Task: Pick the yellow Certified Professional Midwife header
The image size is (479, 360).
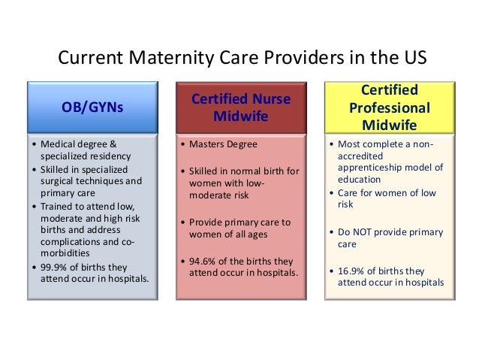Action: [390, 107]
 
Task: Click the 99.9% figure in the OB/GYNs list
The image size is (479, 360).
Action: [53, 268]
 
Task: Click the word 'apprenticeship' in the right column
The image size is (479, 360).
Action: [372, 167]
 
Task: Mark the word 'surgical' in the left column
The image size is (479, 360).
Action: [56, 181]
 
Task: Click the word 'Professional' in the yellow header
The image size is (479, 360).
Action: [390, 107]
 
